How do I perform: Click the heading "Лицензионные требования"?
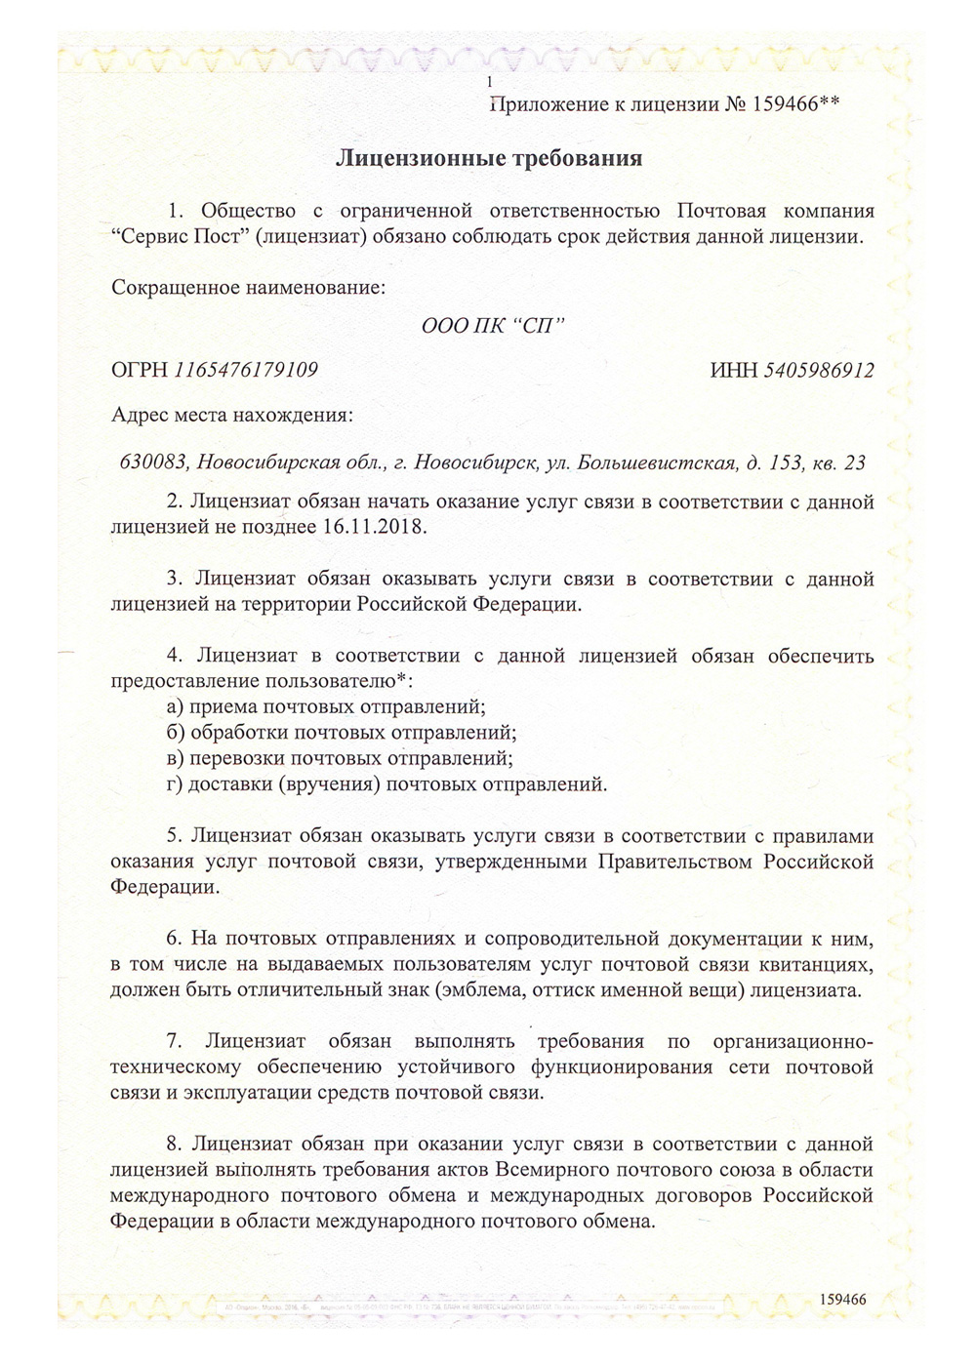489,158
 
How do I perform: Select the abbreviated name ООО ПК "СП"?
493,325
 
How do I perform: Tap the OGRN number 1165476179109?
246,370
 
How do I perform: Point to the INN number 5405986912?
819,370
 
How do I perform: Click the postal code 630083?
154,462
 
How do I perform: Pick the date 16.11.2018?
374,527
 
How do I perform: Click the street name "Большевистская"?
656,462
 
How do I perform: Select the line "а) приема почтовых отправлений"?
326,706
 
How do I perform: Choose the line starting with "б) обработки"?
342,732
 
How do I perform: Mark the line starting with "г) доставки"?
386,783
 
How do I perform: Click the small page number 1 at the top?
489,83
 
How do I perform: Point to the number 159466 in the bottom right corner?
842,1299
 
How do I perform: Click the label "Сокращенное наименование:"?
248,288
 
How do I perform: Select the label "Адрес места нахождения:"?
232,415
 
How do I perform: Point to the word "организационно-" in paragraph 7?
793,1042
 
